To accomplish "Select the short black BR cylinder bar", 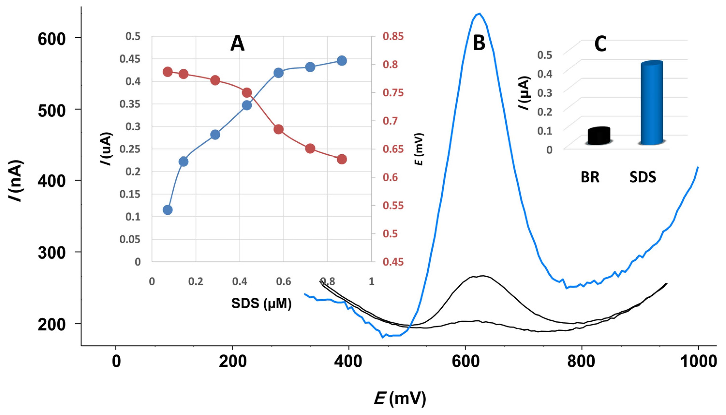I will coord(599,136).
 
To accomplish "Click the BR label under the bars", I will coord(590,177).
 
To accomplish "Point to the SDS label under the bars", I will coord(643,177).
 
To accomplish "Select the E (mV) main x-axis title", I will coord(400,399).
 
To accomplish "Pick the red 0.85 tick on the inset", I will coord(393,37).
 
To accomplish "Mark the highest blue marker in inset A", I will coord(342,60).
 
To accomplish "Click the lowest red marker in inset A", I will coord(342,159).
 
